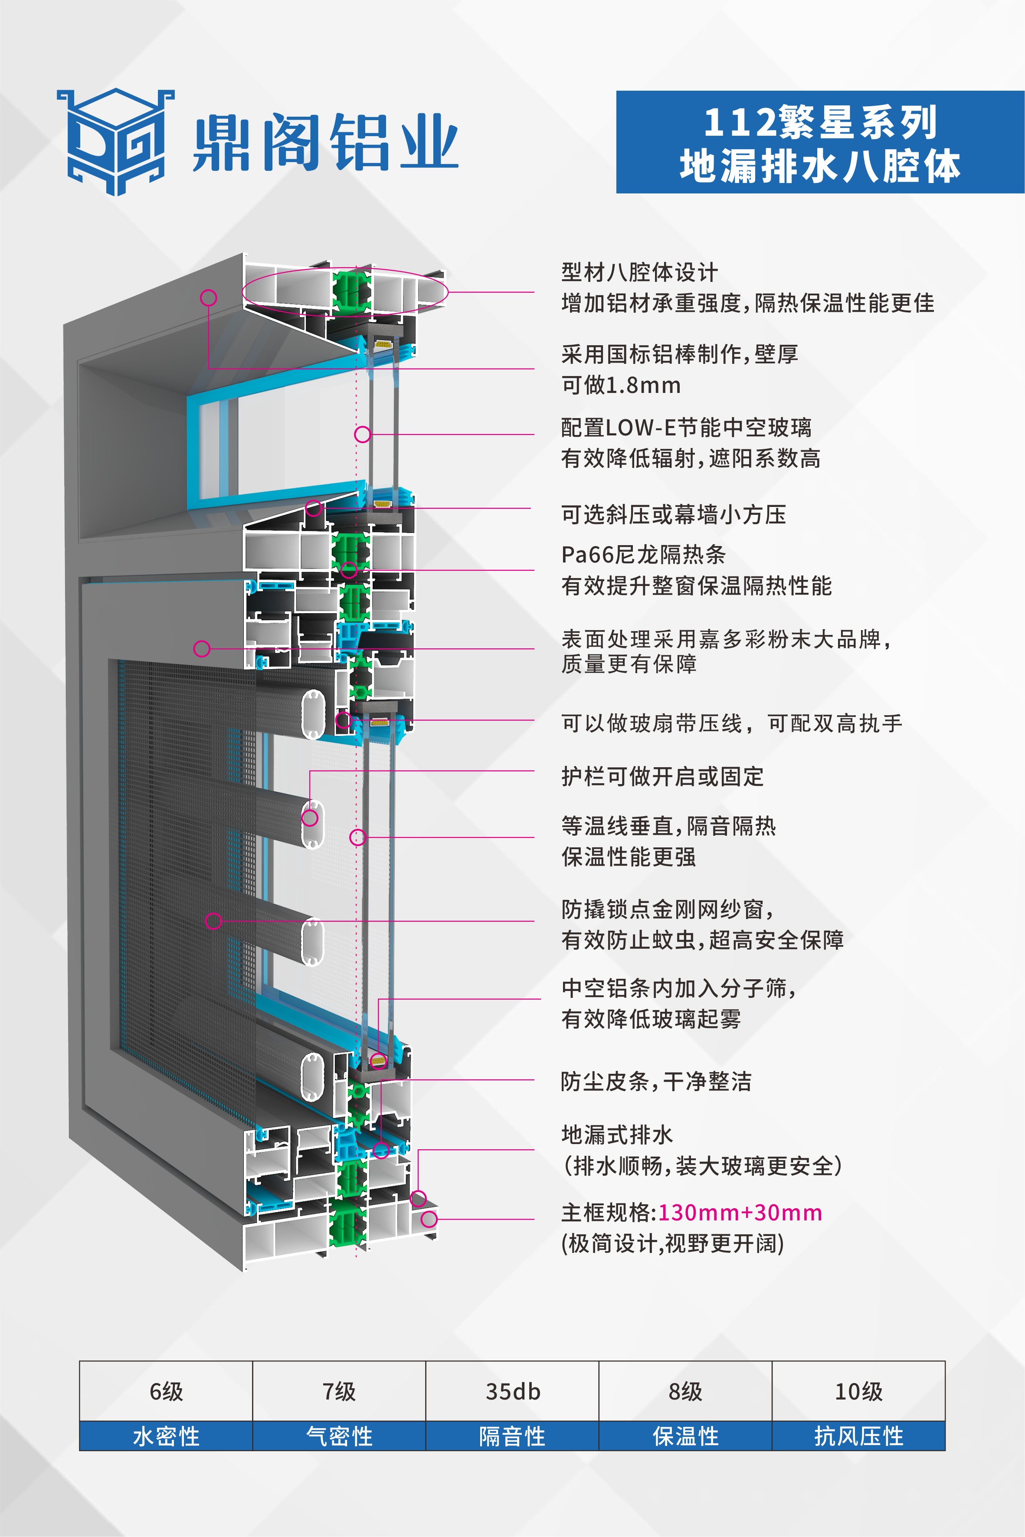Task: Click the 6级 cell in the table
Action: [x=166, y=1391]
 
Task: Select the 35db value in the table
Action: [x=513, y=1391]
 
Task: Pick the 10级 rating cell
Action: [x=858, y=1391]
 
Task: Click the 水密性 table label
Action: [x=166, y=1436]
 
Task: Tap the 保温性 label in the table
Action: [x=685, y=1436]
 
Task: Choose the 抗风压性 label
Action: [x=858, y=1436]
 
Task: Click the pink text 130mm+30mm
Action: [x=739, y=1213]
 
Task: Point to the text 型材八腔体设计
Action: [x=639, y=272]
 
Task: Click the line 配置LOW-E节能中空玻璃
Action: [x=686, y=427]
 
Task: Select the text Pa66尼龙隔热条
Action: [x=643, y=554]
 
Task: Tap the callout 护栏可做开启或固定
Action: [x=662, y=776]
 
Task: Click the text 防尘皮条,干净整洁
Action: [x=656, y=1082]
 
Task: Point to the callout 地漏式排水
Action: [x=616, y=1135]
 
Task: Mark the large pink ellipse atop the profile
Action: [x=345, y=291]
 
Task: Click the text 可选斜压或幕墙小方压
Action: [x=673, y=515]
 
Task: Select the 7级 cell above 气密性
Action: [x=339, y=1391]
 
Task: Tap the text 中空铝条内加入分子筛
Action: [x=678, y=988]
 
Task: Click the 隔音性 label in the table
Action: [x=513, y=1436]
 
